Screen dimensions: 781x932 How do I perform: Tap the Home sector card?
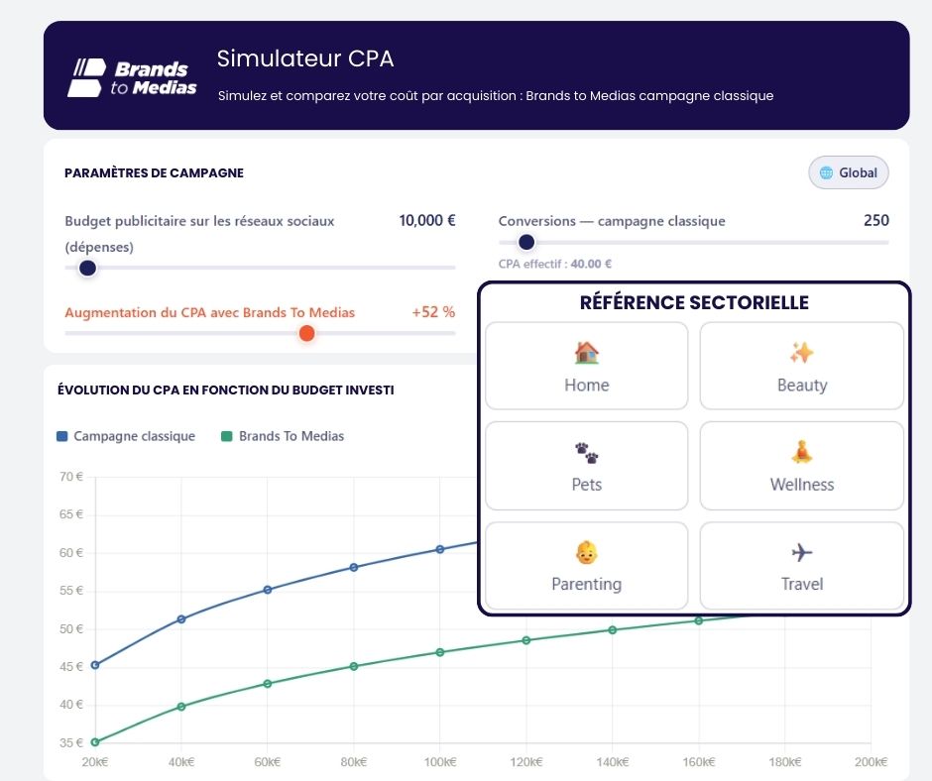tap(586, 366)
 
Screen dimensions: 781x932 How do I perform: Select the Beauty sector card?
tap(801, 366)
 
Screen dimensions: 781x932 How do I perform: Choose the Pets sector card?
tap(586, 466)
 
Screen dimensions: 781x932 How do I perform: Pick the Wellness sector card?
tap(801, 466)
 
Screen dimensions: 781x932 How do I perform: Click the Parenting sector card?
tap(586, 566)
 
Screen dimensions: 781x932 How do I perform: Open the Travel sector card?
tap(801, 566)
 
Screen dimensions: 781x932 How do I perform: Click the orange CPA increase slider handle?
tap(307, 333)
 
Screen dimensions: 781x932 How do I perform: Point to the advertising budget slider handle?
tap(87, 268)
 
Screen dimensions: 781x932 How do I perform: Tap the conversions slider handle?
tap(526, 242)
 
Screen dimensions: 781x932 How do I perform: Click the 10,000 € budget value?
tap(427, 220)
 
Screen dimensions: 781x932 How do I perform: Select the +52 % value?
tap(433, 312)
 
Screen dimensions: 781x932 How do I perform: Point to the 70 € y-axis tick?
tap(71, 477)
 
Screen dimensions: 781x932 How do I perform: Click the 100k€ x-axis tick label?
tap(440, 762)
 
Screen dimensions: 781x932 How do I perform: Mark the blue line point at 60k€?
tap(266, 590)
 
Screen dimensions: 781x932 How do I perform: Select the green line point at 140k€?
tap(612, 629)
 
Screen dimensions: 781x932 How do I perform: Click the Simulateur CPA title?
tap(305, 58)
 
